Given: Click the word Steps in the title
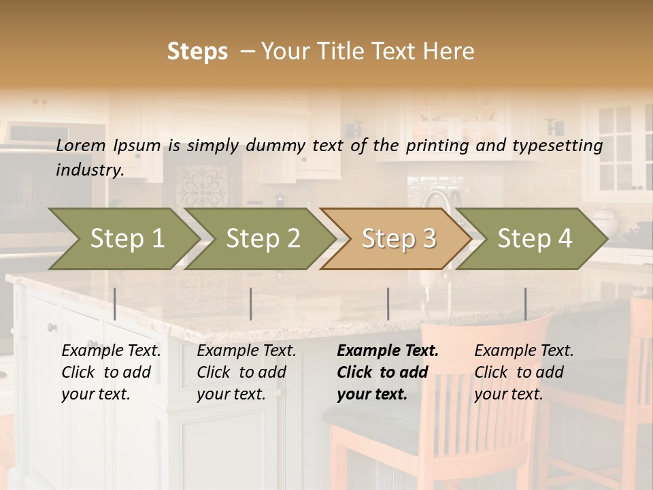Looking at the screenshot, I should [197, 52].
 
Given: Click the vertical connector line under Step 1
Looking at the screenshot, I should [115, 304].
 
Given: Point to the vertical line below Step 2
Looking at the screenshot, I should [251, 304].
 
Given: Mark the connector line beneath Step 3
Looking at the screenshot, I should [388, 304].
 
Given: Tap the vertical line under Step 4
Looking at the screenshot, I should [525, 304].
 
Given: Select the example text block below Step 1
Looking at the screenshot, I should [111, 372].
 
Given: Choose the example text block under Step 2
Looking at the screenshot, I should [246, 372].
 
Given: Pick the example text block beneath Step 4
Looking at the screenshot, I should [524, 372].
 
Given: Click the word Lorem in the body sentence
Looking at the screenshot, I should [81, 145].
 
